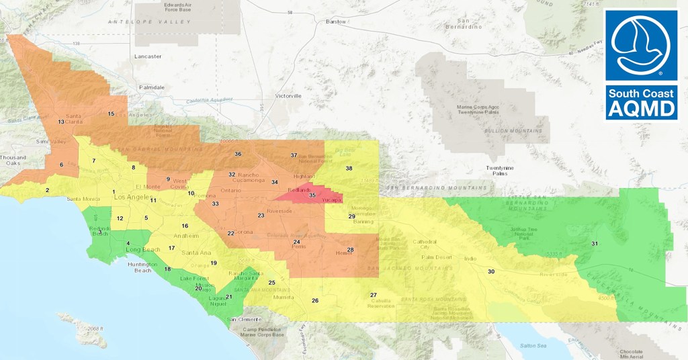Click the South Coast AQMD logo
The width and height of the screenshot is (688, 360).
point(642,64)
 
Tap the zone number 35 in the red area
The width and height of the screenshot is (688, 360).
point(312,195)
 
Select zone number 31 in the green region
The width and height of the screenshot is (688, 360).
point(595,243)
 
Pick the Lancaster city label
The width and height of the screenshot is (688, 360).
point(148,56)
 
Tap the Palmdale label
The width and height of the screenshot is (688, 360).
point(151,87)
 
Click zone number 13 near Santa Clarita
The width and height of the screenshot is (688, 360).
point(61,122)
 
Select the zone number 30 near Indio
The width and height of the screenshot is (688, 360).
point(491,271)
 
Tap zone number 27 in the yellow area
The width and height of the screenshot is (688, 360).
point(374,295)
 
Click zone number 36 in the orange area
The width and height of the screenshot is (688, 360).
point(238,154)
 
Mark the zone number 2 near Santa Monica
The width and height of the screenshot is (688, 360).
point(47,190)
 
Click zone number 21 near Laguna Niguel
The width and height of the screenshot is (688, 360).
point(228,297)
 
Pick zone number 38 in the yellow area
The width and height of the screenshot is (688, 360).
point(349,168)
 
